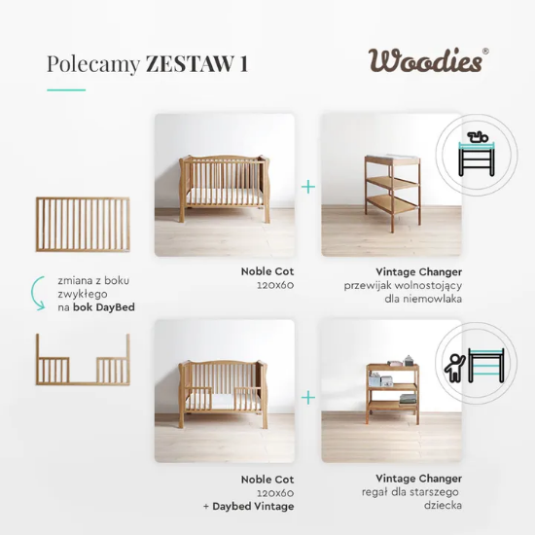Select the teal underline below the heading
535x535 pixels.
(x=66, y=89)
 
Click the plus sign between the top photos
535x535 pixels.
(x=308, y=185)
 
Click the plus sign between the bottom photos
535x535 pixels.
(x=308, y=397)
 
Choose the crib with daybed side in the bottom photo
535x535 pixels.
(x=225, y=398)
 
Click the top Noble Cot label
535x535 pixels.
(x=267, y=271)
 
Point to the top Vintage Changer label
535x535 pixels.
(x=418, y=271)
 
